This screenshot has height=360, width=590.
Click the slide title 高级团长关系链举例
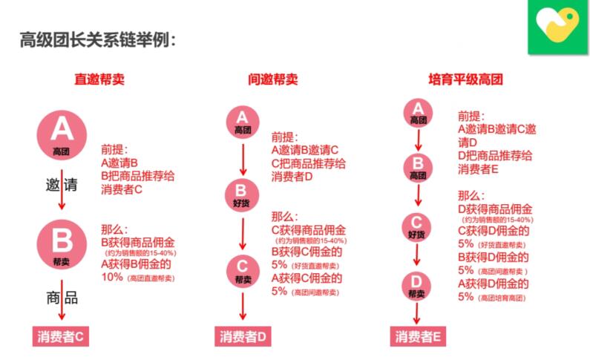click(98, 39)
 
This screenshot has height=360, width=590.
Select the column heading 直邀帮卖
click(99, 78)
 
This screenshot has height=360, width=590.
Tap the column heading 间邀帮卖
click(273, 78)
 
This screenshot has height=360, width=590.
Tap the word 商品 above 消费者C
click(61, 298)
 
